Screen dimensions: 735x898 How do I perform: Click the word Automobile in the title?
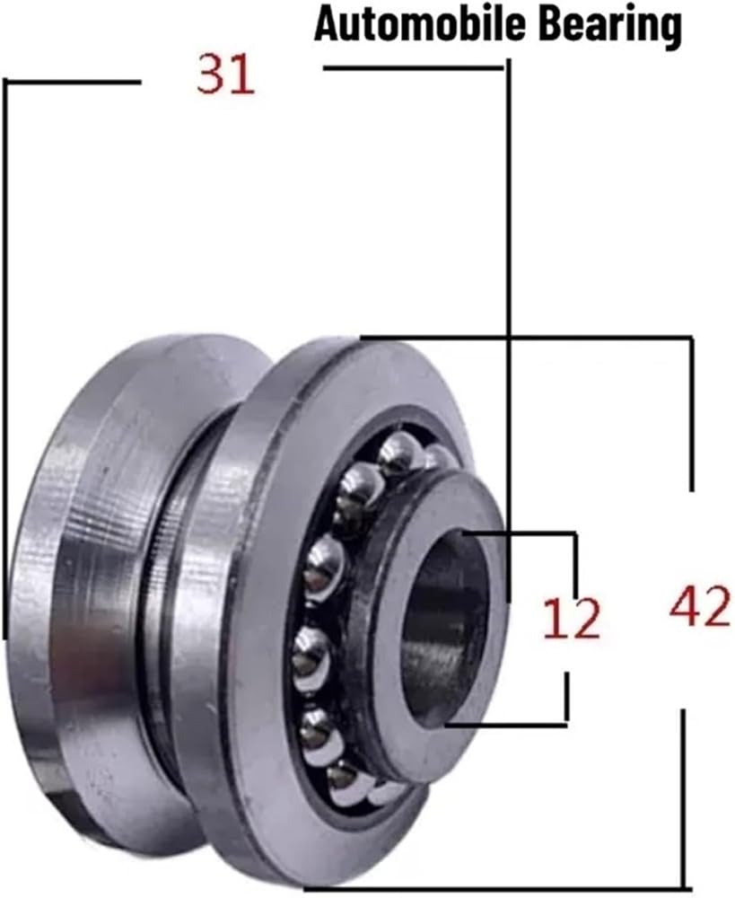(x=419, y=24)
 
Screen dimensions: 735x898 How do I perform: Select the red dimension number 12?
(x=571, y=619)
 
